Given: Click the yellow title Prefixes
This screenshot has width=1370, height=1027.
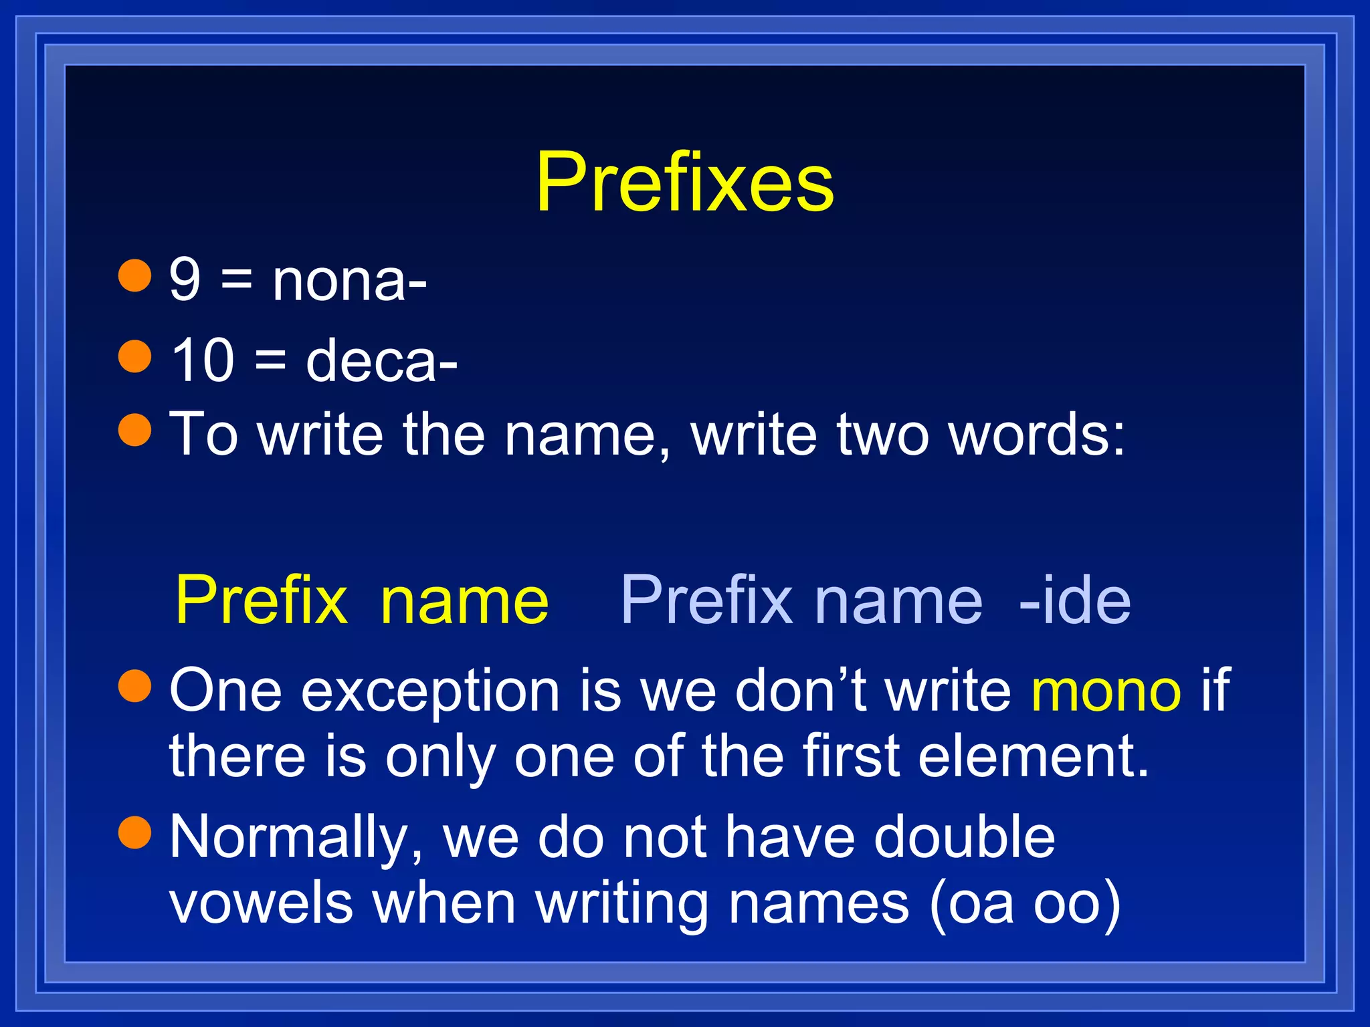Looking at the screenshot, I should pos(685,182).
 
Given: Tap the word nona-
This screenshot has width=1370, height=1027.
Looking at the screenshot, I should pos(349,281).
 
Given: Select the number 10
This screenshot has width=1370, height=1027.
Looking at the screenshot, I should pos(203,360).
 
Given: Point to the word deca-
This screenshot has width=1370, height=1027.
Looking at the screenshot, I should pos(381,362).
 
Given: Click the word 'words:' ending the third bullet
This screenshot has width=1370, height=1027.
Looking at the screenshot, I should pos(1037,435).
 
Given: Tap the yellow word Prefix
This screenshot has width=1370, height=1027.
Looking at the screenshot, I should pos(261,600).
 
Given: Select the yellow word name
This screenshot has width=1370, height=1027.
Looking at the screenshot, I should pos(464,601).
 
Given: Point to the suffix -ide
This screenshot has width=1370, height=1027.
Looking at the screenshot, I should pos(1074,600).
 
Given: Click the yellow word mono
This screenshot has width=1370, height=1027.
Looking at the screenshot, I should pos(1106,691).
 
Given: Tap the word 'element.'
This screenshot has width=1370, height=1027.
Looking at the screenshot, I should pos(1034,756).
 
